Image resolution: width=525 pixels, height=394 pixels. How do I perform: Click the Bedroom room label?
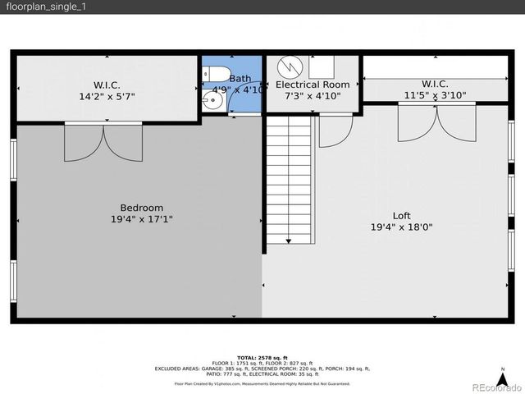click(141, 208)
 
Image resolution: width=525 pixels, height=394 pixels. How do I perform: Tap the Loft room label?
click(401, 216)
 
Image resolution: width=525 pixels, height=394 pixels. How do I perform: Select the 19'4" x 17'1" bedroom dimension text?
click(141, 219)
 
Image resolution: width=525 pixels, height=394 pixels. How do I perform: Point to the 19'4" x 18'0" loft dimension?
click(401, 227)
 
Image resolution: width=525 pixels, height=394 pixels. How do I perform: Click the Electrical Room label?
click(313, 85)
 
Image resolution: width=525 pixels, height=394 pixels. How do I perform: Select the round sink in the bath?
click(212, 102)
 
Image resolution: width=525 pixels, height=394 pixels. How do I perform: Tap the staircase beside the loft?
click(290, 179)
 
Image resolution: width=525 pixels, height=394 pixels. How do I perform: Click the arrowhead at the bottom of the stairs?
click(290, 241)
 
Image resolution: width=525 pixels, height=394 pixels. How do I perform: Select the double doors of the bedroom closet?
click(103, 141)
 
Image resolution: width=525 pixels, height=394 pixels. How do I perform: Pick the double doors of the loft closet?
click(436, 121)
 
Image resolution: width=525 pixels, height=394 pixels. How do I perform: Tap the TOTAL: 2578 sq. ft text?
click(262, 358)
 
